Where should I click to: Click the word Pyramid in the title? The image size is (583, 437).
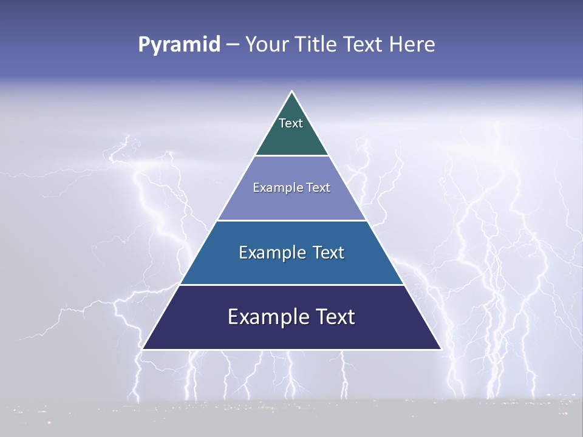(x=179, y=45)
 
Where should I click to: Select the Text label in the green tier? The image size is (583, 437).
(x=291, y=123)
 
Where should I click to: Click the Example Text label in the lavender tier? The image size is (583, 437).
(x=291, y=188)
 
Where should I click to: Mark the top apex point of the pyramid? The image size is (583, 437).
(x=291, y=92)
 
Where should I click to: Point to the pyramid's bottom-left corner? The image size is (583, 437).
(x=143, y=349)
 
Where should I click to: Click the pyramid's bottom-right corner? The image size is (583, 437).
(x=441, y=349)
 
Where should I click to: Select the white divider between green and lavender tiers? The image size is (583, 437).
(x=291, y=156)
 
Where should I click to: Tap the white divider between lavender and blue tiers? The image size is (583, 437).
(x=291, y=220)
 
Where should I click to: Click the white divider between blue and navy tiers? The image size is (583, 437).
(x=291, y=285)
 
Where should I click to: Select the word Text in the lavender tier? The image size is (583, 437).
(x=318, y=188)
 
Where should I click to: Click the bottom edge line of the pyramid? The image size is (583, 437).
(x=291, y=350)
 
